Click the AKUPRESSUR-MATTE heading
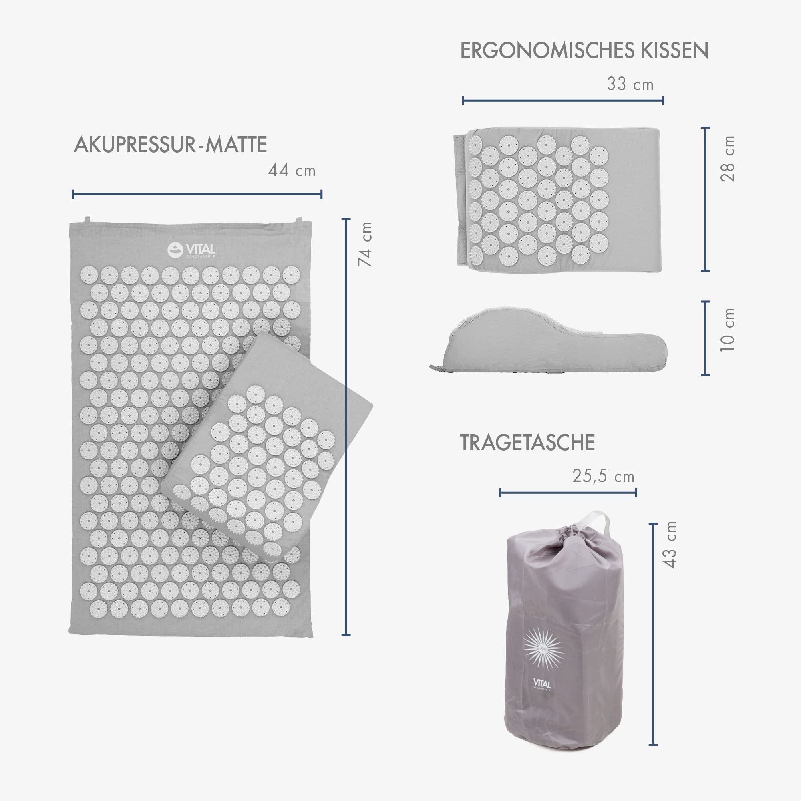coord(170,145)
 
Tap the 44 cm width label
coord(292,170)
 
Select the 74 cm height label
coord(365,244)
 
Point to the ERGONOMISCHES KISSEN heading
coord(584,50)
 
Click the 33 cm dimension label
coord(630,84)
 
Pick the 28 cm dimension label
coord(727,158)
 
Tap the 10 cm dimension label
coord(727,330)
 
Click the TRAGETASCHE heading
coord(527,443)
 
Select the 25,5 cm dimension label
coord(603,476)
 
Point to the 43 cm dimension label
coord(670,545)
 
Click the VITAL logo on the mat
coord(191,250)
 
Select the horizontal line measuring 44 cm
coord(197,193)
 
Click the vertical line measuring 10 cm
coord(705,338)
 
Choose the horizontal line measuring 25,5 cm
coord(568,493)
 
